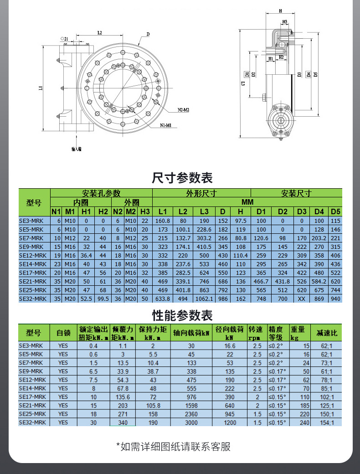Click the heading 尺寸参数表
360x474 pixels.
[x=182, y=177]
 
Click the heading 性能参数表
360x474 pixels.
[x=182, y=315]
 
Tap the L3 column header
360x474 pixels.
[x=205, y=211]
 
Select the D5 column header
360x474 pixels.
[x=335, y=211]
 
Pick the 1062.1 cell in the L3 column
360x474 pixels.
[x=205, y=299]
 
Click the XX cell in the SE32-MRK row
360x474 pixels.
[x=301, y=299]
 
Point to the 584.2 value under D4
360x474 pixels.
[x=319, y=282]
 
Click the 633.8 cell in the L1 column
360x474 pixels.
[x=163, y=299]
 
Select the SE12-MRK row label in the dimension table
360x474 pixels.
[x=33, y=256]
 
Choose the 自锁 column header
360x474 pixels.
[x=63, y=333]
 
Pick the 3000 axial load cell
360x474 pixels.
[x=191, y=422]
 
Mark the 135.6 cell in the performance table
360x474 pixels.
[x=123, y=397]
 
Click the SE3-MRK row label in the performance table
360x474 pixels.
[x=31, y=346]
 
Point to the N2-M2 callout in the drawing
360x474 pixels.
[x=183, y=110]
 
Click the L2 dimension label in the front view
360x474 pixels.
[x=99, y=33]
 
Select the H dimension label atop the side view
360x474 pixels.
[x=279, y=10]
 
